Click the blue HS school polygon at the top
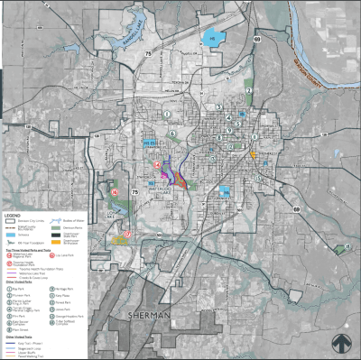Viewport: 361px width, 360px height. click(x=213, y=39)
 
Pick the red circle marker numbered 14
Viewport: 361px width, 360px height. click(x=157, y=167)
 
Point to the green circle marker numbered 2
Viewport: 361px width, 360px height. click(x=249, y=91)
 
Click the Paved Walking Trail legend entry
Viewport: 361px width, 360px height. click(x=27, y=355)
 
